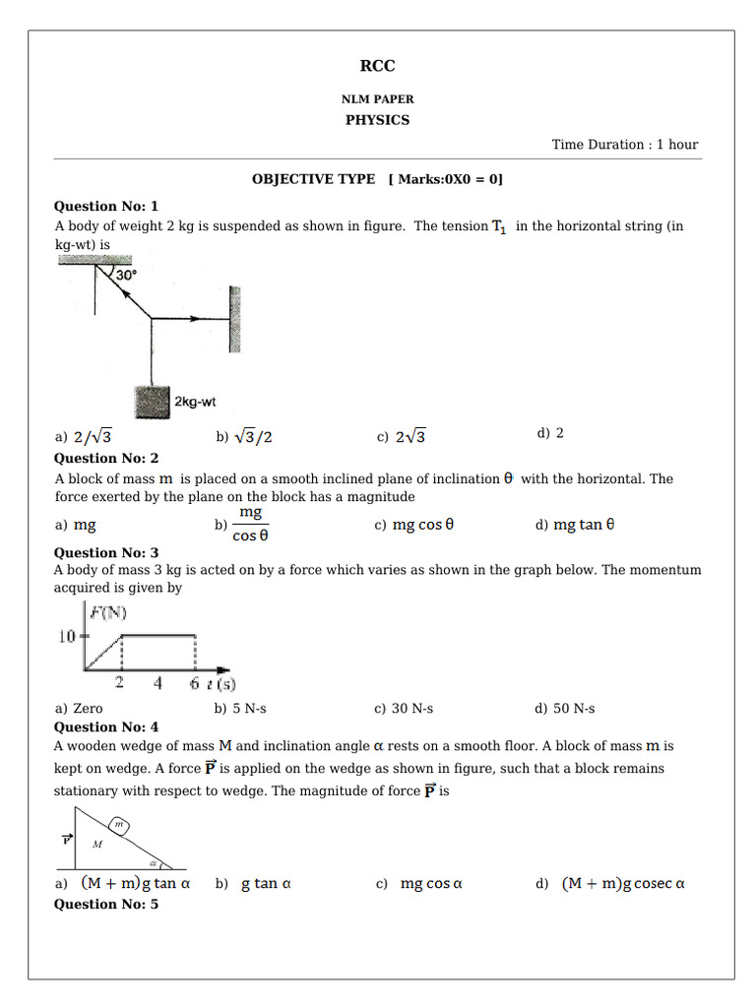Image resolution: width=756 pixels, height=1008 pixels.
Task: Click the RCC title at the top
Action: [377, 67]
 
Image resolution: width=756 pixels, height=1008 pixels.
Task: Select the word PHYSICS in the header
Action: [377, 120]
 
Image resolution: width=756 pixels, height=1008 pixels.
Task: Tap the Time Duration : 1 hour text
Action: [624, 145]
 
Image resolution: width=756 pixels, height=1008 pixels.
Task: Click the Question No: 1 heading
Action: [105, 206]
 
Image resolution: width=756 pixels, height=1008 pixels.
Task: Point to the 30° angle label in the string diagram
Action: [126, 277]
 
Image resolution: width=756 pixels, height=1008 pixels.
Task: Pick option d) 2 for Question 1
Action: [550, 433]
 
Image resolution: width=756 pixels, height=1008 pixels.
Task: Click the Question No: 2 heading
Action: [105, 458]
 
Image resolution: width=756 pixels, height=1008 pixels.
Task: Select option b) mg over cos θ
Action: [243, 525]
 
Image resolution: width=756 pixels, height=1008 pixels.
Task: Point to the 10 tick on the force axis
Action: [69, 637]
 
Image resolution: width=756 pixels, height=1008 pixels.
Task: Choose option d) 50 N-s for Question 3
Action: [565, 708]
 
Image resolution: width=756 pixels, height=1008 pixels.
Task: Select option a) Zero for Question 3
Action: [79, 708]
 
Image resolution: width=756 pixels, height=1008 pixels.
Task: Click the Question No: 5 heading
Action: [105, 904]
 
